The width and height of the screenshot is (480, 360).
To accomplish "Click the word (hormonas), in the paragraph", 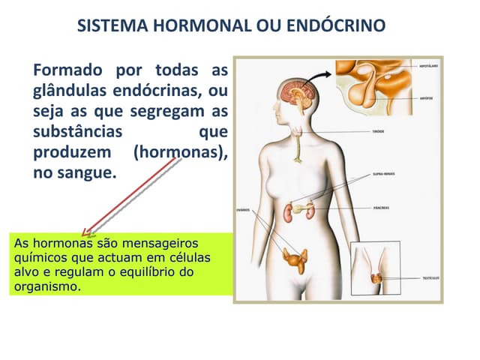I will pos(180,153).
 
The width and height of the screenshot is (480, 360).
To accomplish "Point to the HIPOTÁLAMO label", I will pos(428,67).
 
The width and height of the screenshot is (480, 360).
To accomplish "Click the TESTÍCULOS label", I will pos(430,277).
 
